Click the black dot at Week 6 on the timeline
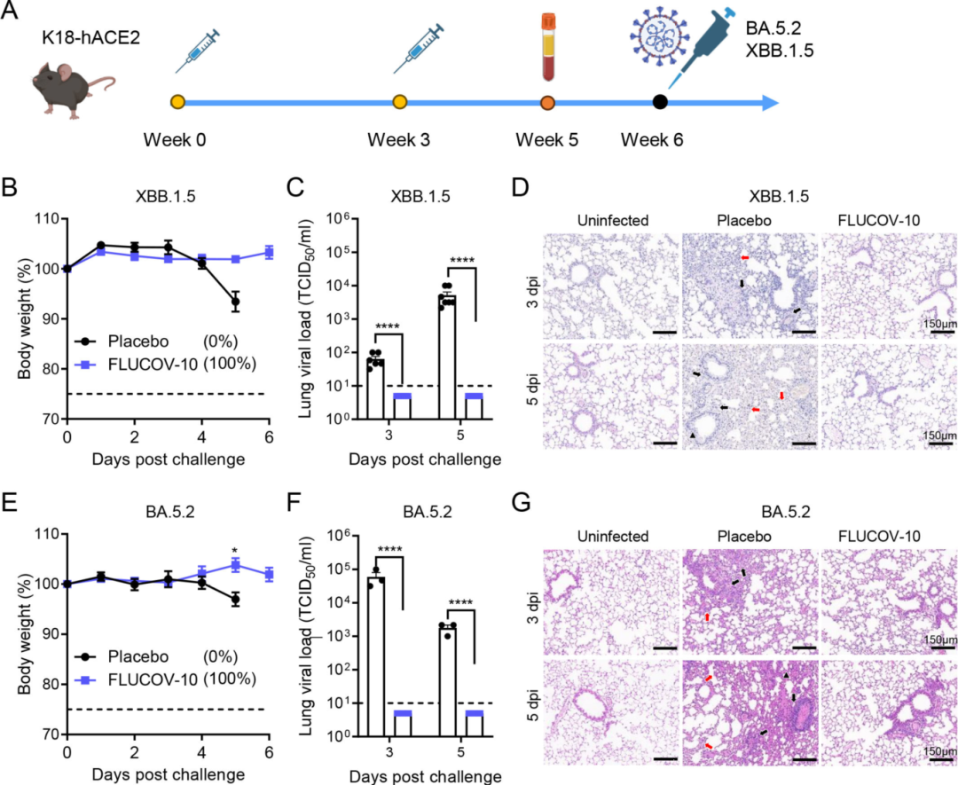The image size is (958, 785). (660, 102)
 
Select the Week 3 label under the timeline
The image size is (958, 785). (399, 140)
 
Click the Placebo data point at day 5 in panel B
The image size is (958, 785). (235, 302)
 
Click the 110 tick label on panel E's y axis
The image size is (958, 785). (45, 534)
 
